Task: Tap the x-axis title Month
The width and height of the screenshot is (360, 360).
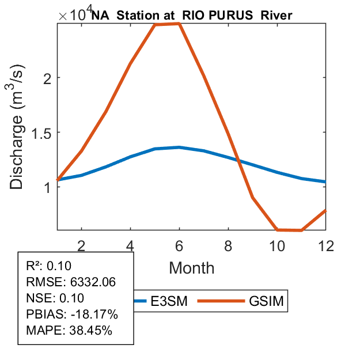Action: (192, 267)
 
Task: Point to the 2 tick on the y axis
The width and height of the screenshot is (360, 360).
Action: (48, 78)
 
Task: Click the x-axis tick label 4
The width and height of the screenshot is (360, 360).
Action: (131, 245)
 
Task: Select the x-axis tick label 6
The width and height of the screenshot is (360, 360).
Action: (180, 245)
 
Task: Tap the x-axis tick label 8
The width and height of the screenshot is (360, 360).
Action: (229, 245)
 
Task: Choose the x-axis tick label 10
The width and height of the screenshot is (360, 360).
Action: (278, 245)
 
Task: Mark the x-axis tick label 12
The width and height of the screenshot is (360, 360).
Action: (326, 245)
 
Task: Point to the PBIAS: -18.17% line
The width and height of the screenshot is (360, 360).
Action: (72, 314)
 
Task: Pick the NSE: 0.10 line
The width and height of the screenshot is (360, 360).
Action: (55, 298)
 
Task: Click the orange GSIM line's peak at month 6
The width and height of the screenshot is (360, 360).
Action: (180, 24)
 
